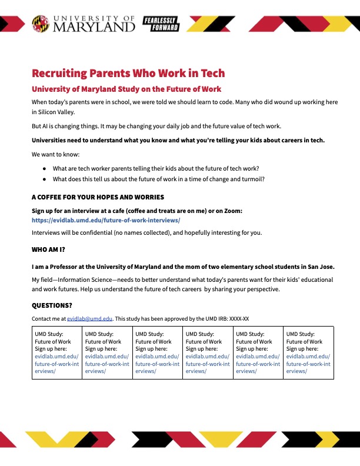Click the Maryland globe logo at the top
point(41,24)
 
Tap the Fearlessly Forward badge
point(161,24)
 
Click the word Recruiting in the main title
point(58,74)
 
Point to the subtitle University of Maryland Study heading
point(126,89)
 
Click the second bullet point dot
point(44,179)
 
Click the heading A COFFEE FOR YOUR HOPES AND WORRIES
point(98,197)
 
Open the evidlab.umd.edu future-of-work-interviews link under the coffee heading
point(106,220)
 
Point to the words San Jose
point(319,267)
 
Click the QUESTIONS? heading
point(52,305)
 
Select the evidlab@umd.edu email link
point(89,319)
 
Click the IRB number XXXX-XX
point(236,319)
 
